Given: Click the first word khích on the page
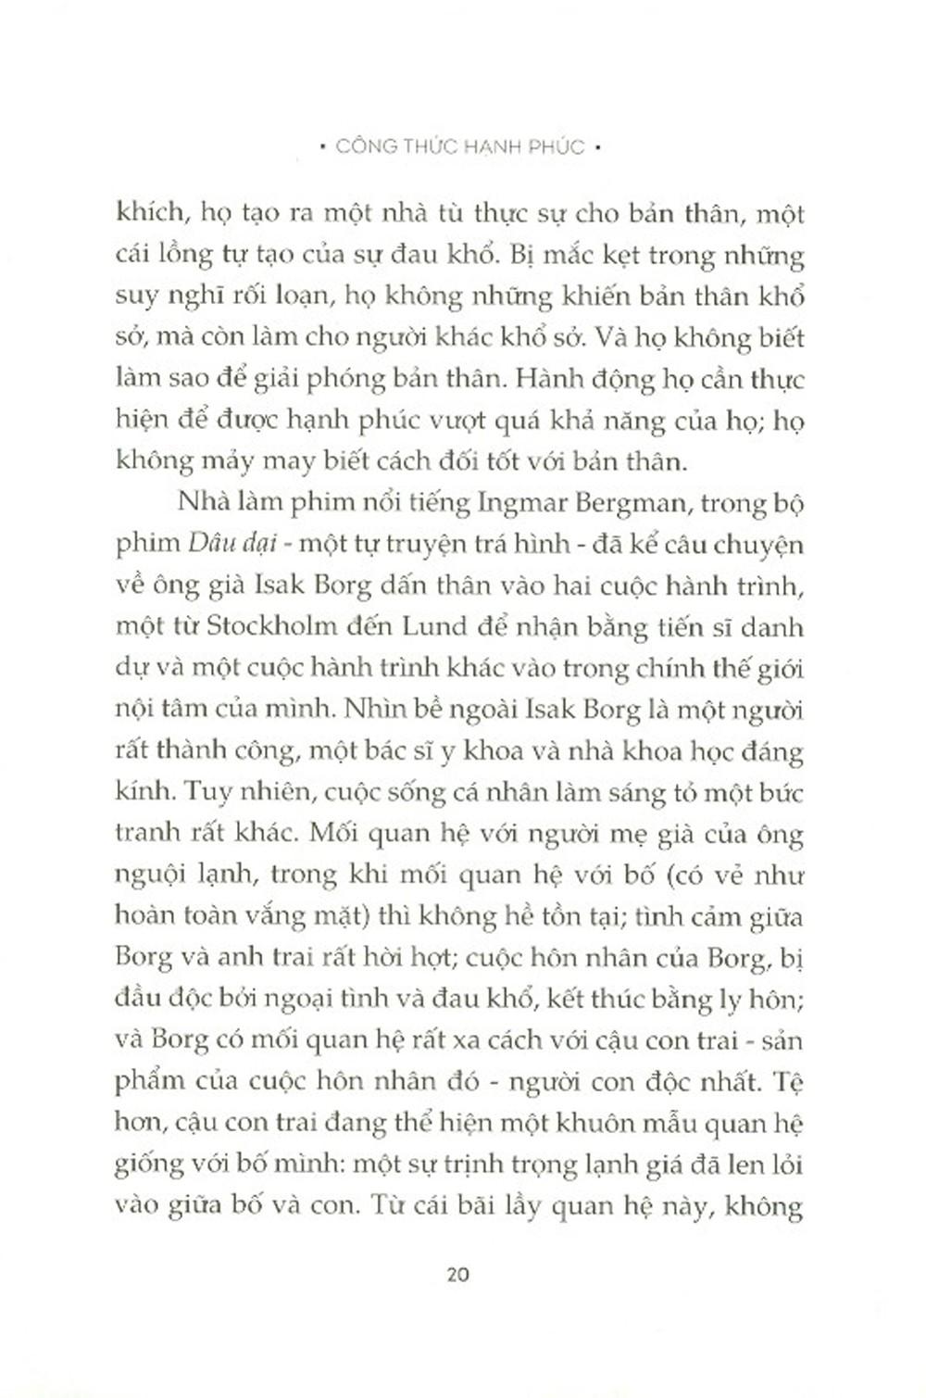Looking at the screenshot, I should click(x=150, y=215).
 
